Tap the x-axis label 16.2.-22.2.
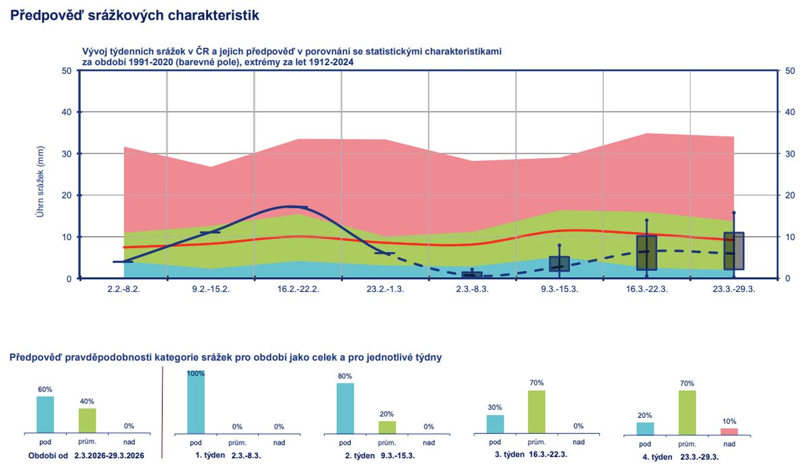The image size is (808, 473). tap(298, 289)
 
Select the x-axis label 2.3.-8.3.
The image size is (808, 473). tap(472, 289)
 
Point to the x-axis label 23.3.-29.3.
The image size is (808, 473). tap(733, 289)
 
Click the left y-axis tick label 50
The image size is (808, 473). tap(67, 71)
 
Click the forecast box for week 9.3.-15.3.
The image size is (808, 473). tap(560, 264)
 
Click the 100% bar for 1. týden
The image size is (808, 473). tap(196, 402)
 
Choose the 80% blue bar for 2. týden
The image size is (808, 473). tap(345, 408)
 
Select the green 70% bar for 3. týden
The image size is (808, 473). tap(537, 412)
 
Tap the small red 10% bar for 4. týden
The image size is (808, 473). tap(729, 431)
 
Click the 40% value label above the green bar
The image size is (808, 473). tap(87, 402)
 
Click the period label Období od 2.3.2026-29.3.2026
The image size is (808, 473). tap(86, 455)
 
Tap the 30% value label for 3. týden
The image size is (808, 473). tap(495, 408)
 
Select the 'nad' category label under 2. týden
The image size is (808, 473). tap(429, 443)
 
